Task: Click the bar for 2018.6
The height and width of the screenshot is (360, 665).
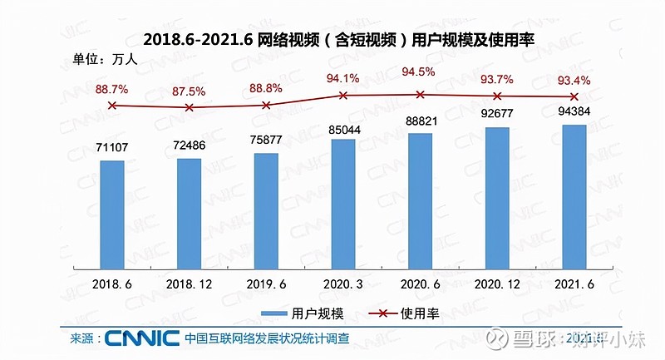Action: (x=112, y=215)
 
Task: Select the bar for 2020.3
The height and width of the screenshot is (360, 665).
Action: (x=343, y=204)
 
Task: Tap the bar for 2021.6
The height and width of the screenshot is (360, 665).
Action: (x=574, y=196)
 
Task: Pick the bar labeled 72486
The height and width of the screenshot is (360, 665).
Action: (x=190, y=214)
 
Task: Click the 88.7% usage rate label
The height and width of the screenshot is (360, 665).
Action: (x=112, y=88)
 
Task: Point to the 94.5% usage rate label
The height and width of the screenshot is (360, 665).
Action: (x=421, y=72)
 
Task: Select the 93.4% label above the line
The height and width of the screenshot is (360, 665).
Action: (x=574, y=80)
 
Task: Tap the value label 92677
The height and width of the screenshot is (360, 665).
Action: (x=497, y=114)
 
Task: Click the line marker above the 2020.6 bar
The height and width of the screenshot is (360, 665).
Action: (x=421, y=95)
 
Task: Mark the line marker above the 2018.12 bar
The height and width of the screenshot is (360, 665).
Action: (x=190, y=107)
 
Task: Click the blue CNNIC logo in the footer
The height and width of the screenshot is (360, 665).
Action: (x=142, y=338)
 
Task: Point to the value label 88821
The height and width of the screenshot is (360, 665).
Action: (x=421, y=119)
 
